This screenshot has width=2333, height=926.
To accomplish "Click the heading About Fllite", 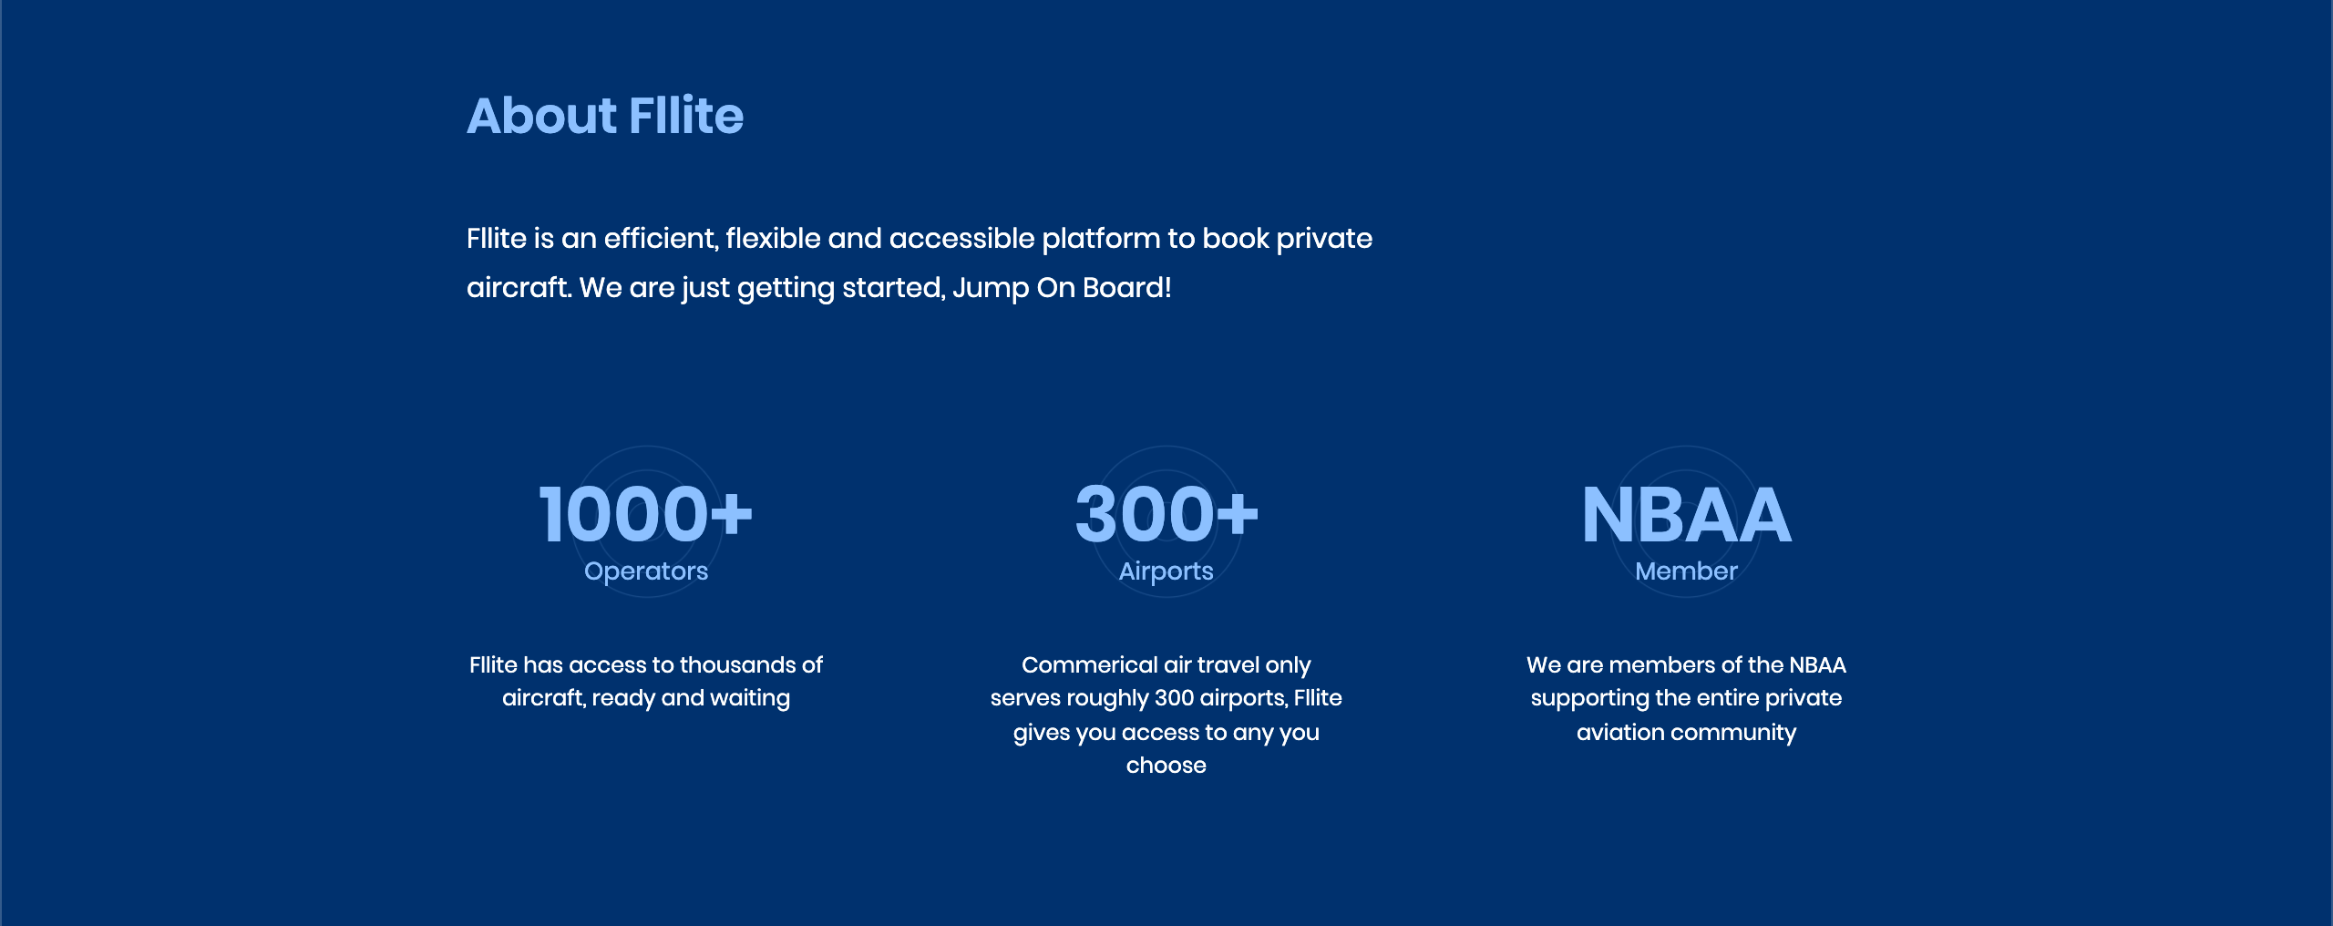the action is pyautogui.click(x=605, y=116).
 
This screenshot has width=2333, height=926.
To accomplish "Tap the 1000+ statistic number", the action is pyautogui.click(x=646, y=514).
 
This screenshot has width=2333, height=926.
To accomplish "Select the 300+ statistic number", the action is pyautogui.click(x=1166, y=514).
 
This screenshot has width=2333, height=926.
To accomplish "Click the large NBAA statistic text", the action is pyautogui.click(x=1686, y=515).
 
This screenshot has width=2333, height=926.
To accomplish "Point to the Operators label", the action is pyautogui.click(x=646, y=571).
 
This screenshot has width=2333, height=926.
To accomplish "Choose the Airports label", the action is pyautogui.click(x=1166, y=571).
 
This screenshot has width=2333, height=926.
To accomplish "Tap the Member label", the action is pyautogui.click(x=1686, y=571).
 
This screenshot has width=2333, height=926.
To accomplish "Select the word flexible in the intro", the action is pyautogui.click(x=773, y=239).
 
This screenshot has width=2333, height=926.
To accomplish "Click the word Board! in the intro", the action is pyautogui.click(x=1127, y=288).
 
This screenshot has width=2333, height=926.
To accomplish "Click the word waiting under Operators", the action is pyautogui.click(x=750, y=699).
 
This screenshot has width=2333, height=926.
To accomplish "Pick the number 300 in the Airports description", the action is pyautogui.click(x=1174, y=698).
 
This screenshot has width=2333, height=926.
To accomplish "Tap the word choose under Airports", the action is pyautogui.click(x=1166, y=766).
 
